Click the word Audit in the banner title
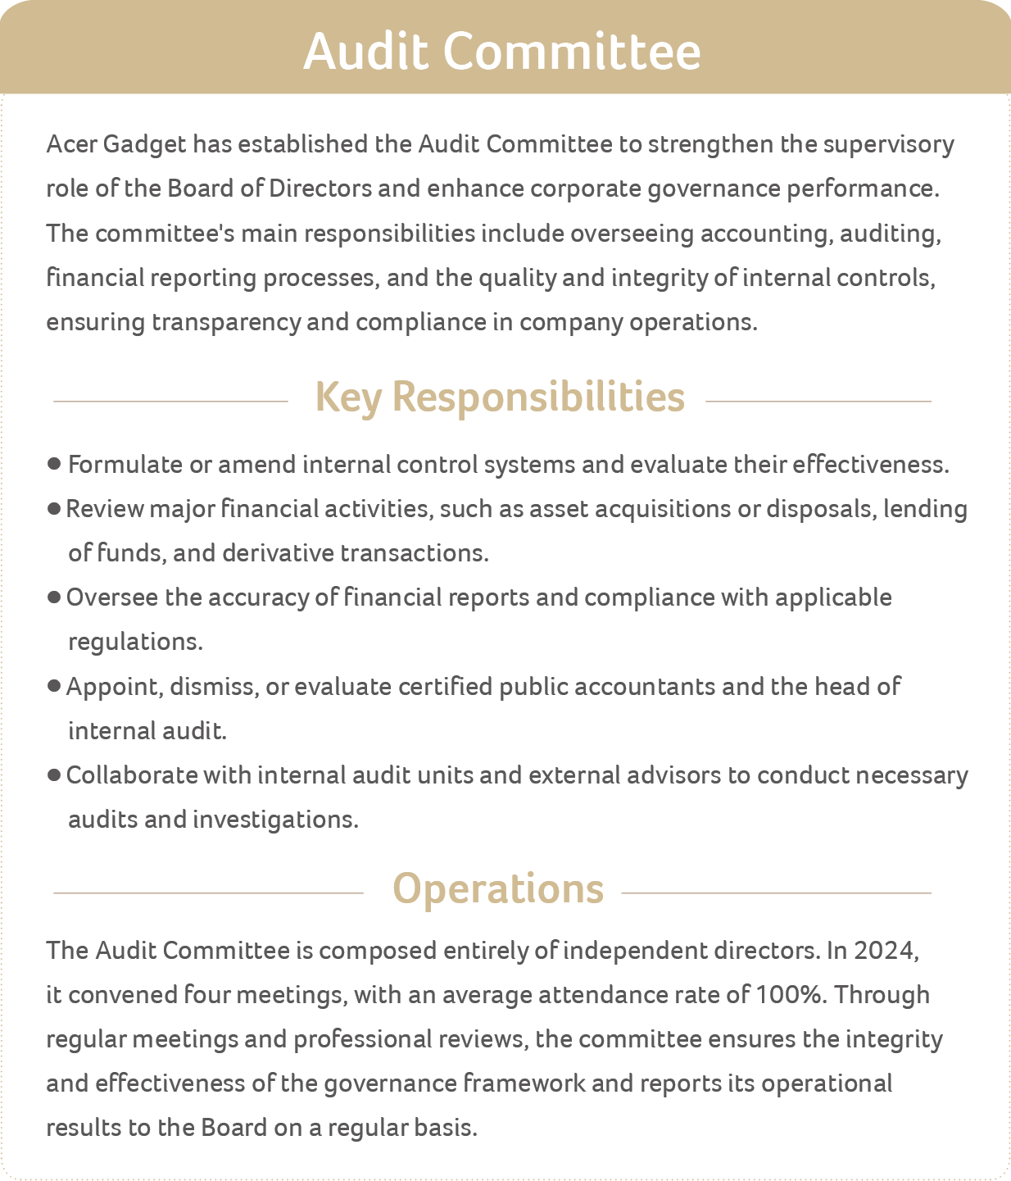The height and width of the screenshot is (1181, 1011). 365,51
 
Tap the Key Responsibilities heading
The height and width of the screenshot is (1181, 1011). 499,397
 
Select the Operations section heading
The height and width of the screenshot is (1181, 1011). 498,888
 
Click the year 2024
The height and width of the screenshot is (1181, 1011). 883,951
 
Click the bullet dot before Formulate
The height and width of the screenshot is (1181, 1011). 55,465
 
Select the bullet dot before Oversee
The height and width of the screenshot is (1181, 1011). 55,597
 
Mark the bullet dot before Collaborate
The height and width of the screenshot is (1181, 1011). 55,775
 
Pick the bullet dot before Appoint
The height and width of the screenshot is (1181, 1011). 55,686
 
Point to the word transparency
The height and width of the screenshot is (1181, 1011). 226,322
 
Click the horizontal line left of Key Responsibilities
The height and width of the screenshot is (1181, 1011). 170,402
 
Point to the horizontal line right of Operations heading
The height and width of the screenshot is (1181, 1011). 777,893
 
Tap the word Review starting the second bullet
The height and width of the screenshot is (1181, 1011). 105,509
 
